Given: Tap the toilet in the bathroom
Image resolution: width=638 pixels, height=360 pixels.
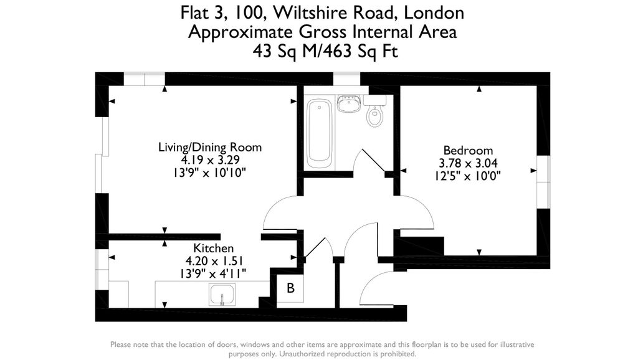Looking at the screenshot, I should [374, 115].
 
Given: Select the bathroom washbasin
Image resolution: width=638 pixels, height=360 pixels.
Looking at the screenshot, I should [348, 103].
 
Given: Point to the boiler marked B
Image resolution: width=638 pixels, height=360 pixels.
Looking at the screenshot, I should [290, 288].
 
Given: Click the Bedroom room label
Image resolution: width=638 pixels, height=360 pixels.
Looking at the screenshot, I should [468, 151].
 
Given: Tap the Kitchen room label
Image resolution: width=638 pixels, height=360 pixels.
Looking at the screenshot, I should [213, 248].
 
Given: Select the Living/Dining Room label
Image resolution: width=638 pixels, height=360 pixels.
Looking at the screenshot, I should [210, 148].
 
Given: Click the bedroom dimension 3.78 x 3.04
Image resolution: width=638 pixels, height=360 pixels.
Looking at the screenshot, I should [468, 163].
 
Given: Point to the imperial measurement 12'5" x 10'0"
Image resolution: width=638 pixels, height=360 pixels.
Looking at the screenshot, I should [468, 176].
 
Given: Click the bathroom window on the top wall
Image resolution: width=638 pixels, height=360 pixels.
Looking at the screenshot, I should [346, 78].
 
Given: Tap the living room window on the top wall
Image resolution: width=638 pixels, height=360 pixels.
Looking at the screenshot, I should [144, 78].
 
